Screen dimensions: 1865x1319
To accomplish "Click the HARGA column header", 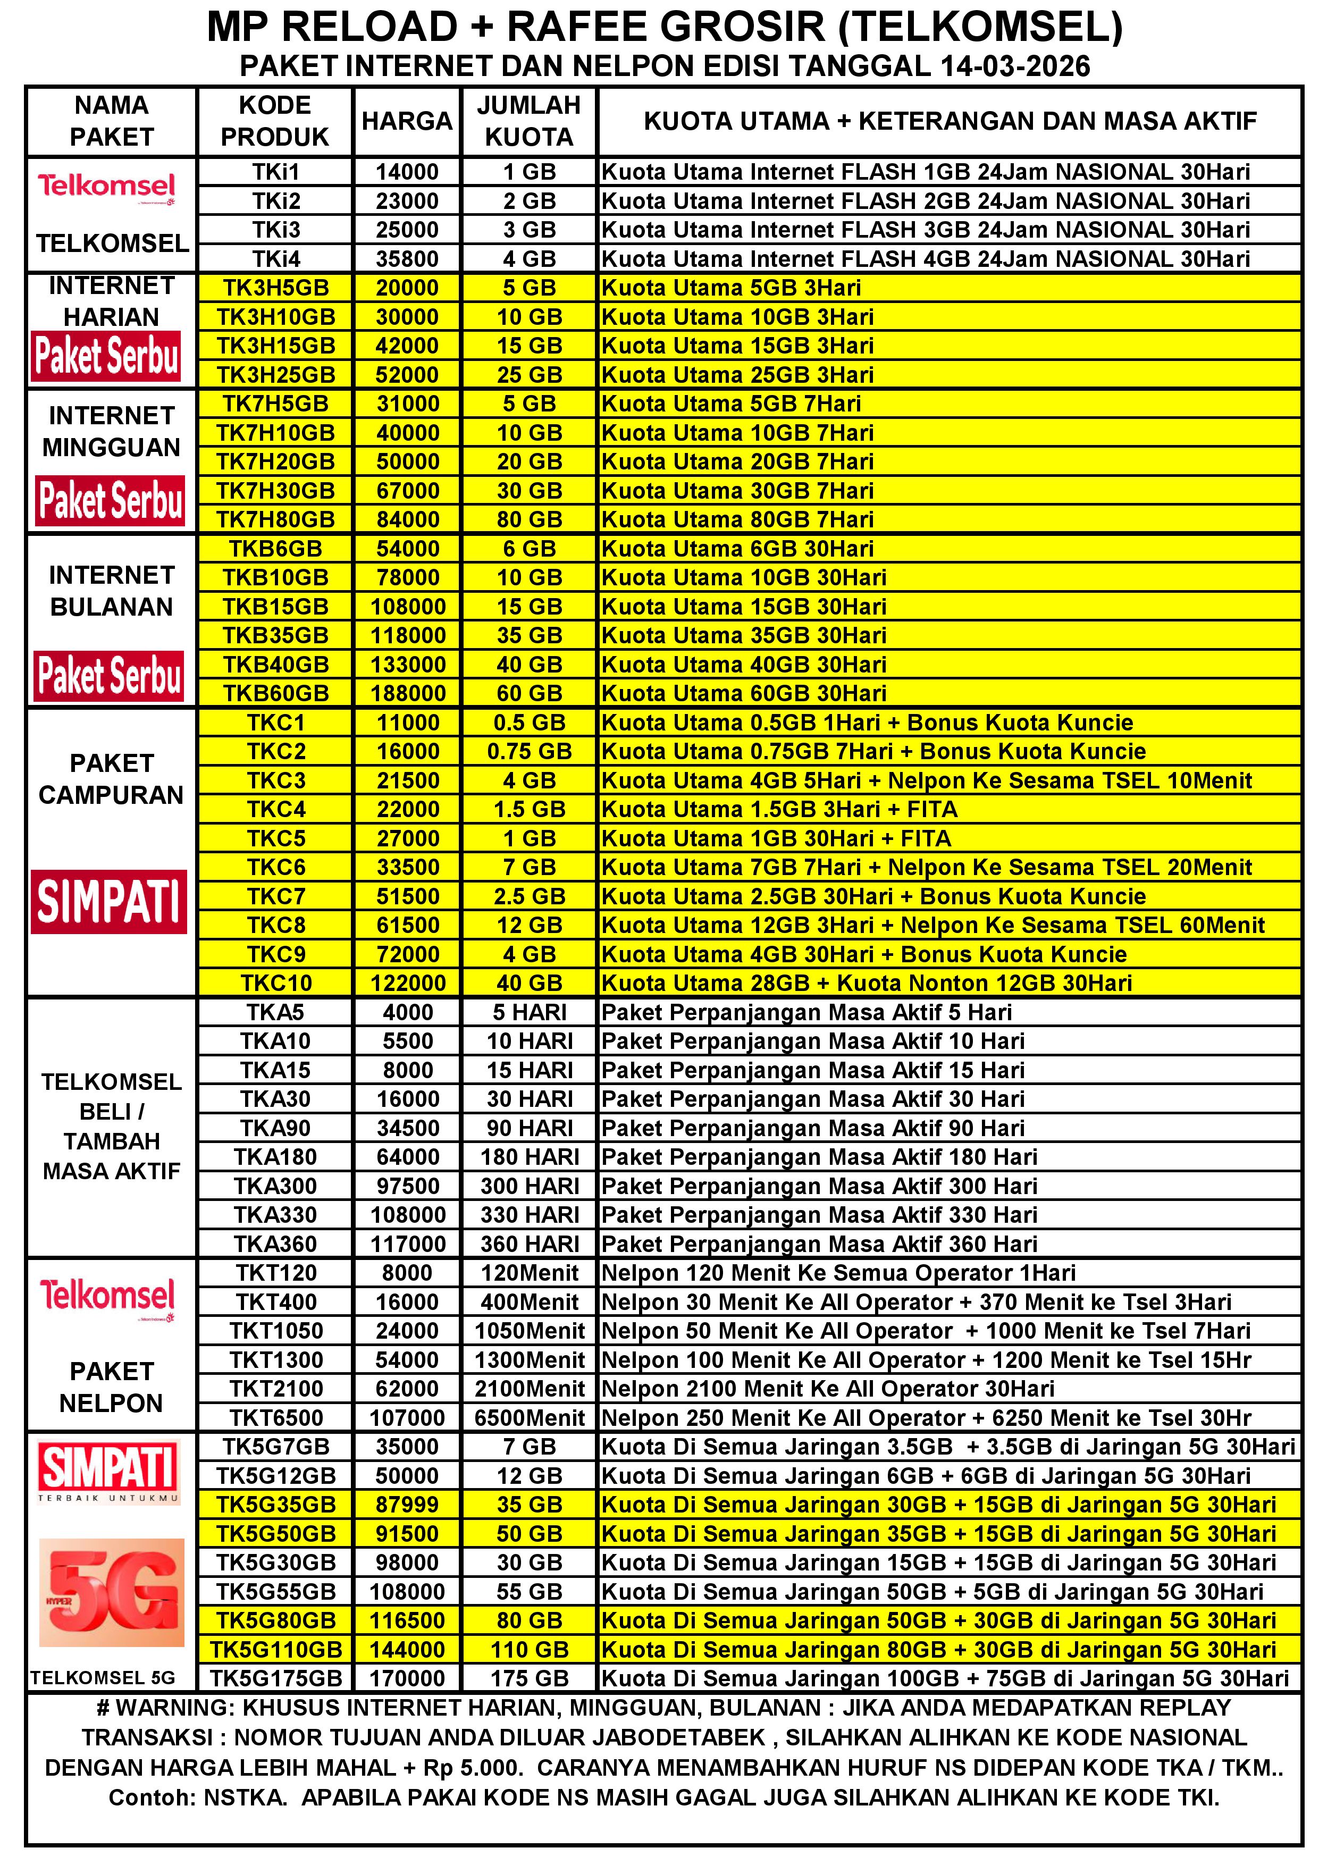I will [406, 121].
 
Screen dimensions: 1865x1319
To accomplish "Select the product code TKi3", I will [275, 230].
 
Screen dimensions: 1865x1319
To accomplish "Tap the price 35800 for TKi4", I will [406, 259].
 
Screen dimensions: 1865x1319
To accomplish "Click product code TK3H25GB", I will [275, 374].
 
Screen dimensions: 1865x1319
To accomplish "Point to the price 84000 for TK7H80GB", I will [407, 519].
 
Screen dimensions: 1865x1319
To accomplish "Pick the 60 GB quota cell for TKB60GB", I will [529, 693].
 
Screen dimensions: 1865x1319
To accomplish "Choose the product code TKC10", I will [275, 983].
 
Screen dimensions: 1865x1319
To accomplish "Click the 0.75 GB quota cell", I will [529, 751].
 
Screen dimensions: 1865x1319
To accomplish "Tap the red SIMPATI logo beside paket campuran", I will [110, 902].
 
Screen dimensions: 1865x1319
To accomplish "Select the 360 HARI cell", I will [529, 1244].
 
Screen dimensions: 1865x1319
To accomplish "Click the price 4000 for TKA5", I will [407, 1012].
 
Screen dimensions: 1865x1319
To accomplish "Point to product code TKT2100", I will [275, 1388].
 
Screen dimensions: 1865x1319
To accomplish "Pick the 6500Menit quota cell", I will [529, 1417].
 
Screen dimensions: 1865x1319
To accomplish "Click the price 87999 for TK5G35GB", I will [407, 1505].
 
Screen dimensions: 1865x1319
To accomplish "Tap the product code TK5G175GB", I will [275, 1678].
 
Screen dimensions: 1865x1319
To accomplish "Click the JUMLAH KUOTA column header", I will [529, 121].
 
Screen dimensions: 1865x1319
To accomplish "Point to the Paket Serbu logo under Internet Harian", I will [106, 356].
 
